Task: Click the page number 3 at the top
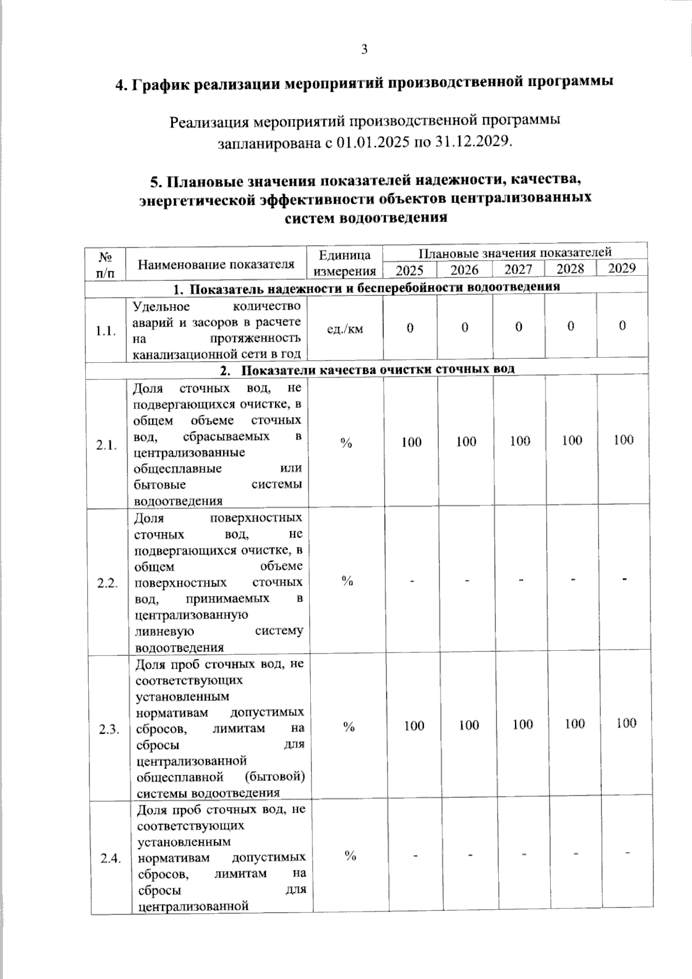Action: tap(364, 50)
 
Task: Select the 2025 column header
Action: tap(409, 270)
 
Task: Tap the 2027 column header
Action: tap(518, 269)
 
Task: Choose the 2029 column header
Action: tap(622, 268)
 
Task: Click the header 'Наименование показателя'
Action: tap(216, 265)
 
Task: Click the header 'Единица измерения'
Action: tap(345, 262)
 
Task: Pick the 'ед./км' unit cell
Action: tap(345, 329)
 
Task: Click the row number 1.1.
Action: tap(106, 331)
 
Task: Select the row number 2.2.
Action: tap(107, 583)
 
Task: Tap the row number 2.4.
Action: tap(110, 859)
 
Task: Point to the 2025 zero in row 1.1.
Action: tap(410, 328)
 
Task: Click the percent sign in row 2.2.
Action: tap(347, 581)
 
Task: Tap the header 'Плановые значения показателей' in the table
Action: tap(514, 253)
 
